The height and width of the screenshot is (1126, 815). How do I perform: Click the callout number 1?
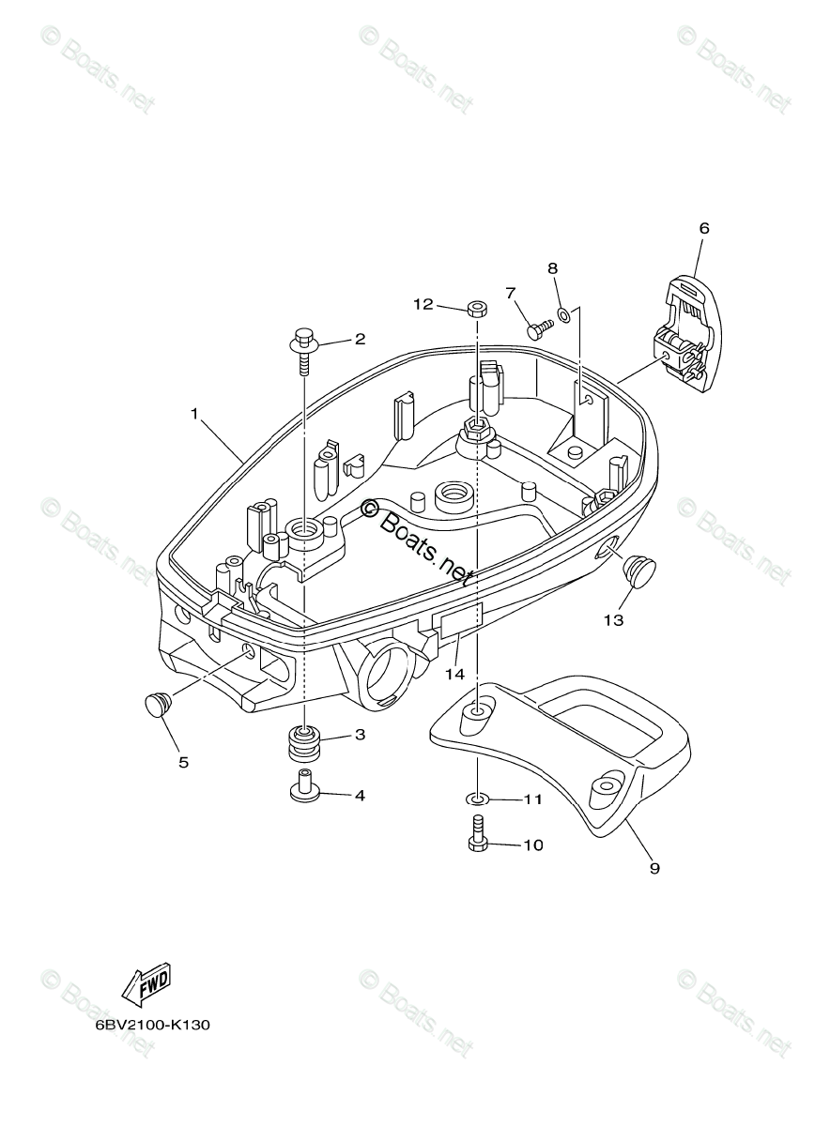tap(194, 414)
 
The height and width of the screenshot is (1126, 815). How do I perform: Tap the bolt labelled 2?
tap(304, 345)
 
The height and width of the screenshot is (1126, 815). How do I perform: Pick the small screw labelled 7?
tap(539, 328)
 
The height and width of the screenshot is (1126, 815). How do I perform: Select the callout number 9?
tap(654, 869)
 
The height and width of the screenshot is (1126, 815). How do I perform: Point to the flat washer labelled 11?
tap(478, 799)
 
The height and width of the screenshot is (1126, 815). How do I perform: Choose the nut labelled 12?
tap(476, 307)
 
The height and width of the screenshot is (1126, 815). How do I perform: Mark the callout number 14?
tap(454, 674)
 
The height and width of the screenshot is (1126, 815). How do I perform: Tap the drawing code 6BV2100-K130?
tap(152, 1025)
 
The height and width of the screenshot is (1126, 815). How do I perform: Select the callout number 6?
tap(704, 228)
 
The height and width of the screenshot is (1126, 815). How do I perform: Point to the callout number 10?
tap(532, 844)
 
